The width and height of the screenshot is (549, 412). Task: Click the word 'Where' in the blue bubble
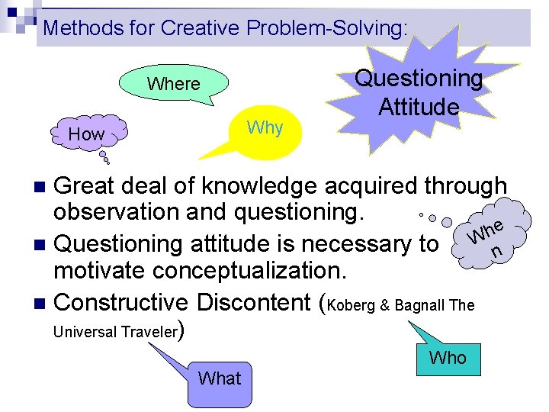coord(173,84)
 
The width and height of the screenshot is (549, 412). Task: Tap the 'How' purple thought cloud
coord(86,134)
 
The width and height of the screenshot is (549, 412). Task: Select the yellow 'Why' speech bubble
coord(265,128)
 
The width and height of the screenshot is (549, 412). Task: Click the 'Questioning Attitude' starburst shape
coord(419,92)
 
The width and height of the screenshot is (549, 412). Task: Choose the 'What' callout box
coord(219,378)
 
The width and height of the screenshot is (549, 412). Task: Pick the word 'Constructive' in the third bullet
coord(121,302)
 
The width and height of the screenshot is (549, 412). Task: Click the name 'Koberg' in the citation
coord(351,305)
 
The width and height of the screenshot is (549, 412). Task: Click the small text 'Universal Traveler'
coord(115,332)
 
